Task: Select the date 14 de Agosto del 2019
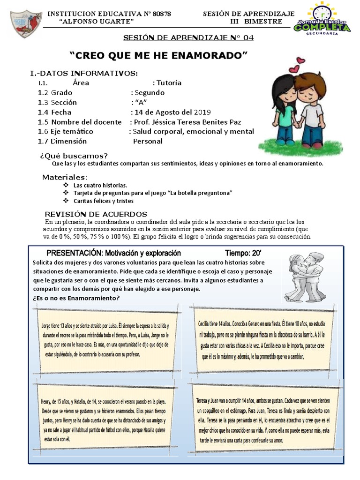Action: pyautogui.click(x=172, y=112)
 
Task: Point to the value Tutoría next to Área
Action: pyautogui.click(x=169, y=83)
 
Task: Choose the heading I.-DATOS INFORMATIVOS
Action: pyautogui.click(x=84, y=73)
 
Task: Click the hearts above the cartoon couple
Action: pyautogui.click(x=296, y=65)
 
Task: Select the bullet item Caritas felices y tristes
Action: pyautogui.click(x=103, y=201)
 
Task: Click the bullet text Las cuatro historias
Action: pyautogui.click(x=100, y=186)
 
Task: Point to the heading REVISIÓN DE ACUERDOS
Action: pyautogui.click(x=96, y=214)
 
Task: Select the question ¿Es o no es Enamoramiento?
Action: pyautogui.click(x=76, y=298)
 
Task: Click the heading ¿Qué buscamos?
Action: pyautogui.click(x=74, y=156)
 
